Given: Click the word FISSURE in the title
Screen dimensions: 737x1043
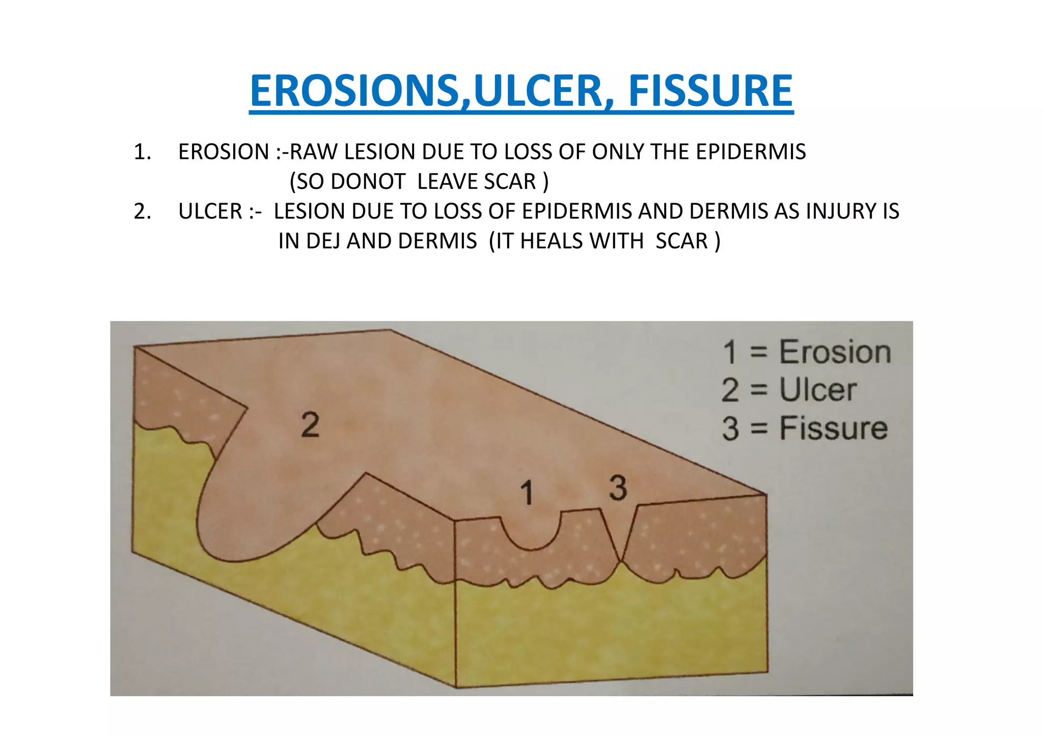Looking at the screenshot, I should coord(710,91).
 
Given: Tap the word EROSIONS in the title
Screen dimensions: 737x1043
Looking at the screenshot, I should coord(354,91).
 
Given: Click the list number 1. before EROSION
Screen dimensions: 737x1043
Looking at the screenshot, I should coord(143,152).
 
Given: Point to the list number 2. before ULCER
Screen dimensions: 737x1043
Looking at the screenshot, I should coord(143,211).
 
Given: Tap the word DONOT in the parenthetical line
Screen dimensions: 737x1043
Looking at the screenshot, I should coord(368,182).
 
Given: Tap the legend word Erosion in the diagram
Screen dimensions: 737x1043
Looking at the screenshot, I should coord(835,352).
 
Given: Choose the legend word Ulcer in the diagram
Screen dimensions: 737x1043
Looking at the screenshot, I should coord(818,390).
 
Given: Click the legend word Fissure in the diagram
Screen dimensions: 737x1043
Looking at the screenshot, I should coord(834,428).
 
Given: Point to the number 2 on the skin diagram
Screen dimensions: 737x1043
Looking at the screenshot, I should coord(310,425).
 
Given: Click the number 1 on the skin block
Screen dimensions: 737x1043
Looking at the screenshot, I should coord(527,493).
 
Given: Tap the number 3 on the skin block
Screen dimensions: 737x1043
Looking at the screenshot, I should coord(618,488).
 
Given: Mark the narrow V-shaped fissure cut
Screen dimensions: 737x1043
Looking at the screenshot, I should coord(620,540).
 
